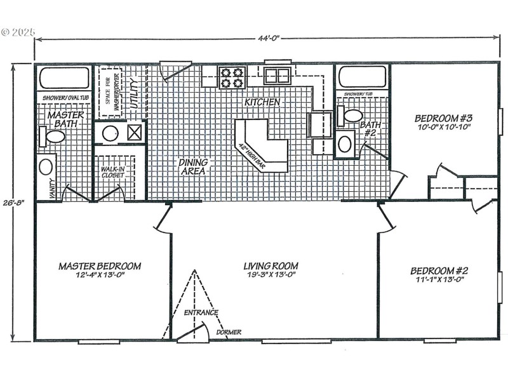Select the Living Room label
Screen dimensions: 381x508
[x=271, y=270]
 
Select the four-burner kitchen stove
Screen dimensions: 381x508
[x=232, y=77]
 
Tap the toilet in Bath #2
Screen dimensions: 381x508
[x=351, y=116]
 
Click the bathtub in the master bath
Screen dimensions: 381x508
[x=64, y=79]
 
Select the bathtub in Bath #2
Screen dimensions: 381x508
[x=362, y=76]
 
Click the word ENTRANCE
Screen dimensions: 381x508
[x=201, y=312]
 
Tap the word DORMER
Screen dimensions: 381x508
[x=228, y=331]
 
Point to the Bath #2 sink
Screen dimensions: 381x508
[x=345, y=144]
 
